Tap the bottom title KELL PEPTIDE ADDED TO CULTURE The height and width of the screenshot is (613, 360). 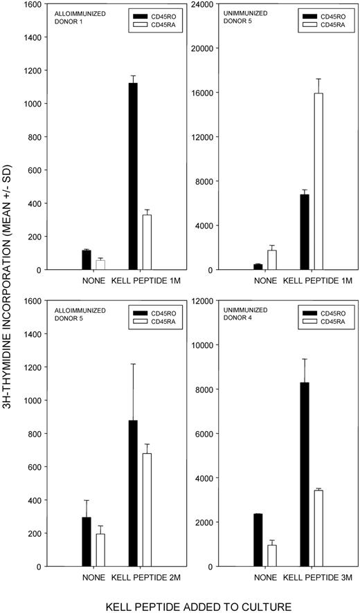[x=179, y=606]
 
